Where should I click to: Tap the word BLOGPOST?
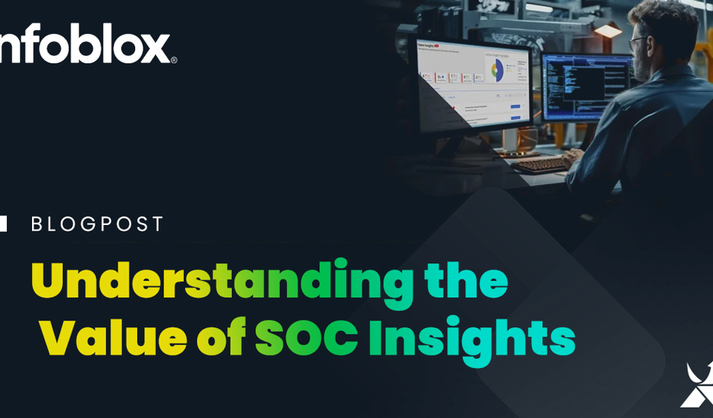[x=97, y=224]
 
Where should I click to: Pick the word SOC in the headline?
[x=306, y=339]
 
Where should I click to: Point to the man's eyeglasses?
[x=638, y=43]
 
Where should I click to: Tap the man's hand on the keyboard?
[x=572, y=156]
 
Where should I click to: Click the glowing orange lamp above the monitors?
[x=607, y=31]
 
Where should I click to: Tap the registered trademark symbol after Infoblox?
[x=174, y=60]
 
